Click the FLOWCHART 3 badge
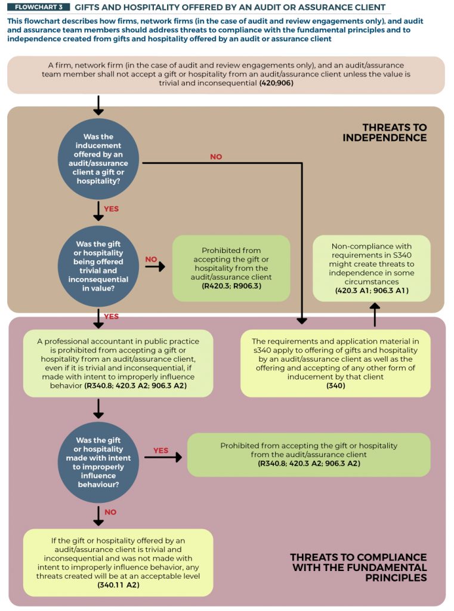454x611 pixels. point(38,7)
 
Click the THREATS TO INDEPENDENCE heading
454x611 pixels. point(385,132)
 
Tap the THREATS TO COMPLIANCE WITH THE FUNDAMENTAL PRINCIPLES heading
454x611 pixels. point(359,567)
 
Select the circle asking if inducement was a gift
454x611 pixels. point(98,159)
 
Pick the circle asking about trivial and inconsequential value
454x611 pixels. point(98,266)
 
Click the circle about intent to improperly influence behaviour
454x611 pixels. point(98,462)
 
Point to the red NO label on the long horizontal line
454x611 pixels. point(216,157)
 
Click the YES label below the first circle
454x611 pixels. point(111,209)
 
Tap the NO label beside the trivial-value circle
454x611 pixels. point(151,259)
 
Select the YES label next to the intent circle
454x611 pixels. point(160,450)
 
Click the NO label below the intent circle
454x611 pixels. point(110,512)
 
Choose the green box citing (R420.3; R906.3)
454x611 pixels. point(231,268)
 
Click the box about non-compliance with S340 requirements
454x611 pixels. point(372,268)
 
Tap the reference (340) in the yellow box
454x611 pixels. point(335,386)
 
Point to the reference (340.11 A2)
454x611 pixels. point(118,585)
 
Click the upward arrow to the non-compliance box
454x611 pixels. point(375,315)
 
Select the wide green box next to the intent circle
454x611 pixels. point(308,454)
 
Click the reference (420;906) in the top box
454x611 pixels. point(276,83)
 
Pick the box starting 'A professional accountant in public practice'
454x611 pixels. point(118,363)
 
